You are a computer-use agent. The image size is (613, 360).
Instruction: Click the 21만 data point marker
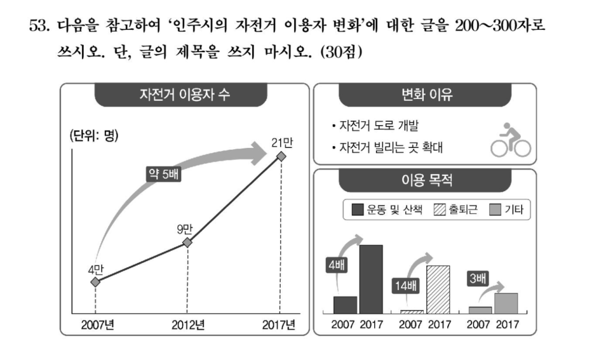tap(281, 157)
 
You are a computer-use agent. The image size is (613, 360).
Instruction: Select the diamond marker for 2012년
tap(187, 242)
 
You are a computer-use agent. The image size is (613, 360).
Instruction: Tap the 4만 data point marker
tap(95, 282)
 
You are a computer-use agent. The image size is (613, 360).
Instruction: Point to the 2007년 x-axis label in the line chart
tap(98, 325)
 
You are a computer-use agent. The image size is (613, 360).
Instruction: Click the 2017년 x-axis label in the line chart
tap(279, 325)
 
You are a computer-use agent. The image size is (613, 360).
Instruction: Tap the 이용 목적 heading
tap(426, 180)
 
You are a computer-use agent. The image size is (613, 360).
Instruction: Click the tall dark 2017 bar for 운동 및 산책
tap(371, 279)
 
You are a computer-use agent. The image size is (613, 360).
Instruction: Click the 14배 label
tap(403, 286)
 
